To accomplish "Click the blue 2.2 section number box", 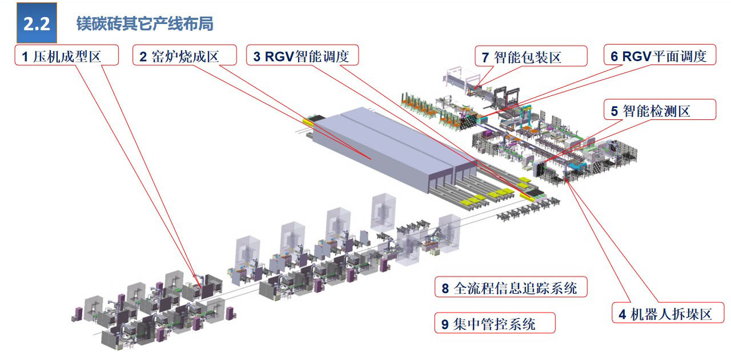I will (37, 23).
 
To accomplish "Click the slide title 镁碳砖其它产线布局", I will (144, 24).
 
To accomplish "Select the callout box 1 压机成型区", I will (66, 56).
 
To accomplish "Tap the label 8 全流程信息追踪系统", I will (510, 288).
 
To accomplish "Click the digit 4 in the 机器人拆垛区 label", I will (622, 314).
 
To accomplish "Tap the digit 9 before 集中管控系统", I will (445, 325).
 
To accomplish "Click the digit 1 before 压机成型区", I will (25, 57).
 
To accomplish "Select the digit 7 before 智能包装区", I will (485, 57).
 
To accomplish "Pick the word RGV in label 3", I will (279, 57).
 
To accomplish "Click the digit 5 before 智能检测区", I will (614, 111).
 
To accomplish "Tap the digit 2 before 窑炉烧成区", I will (143, 57).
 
